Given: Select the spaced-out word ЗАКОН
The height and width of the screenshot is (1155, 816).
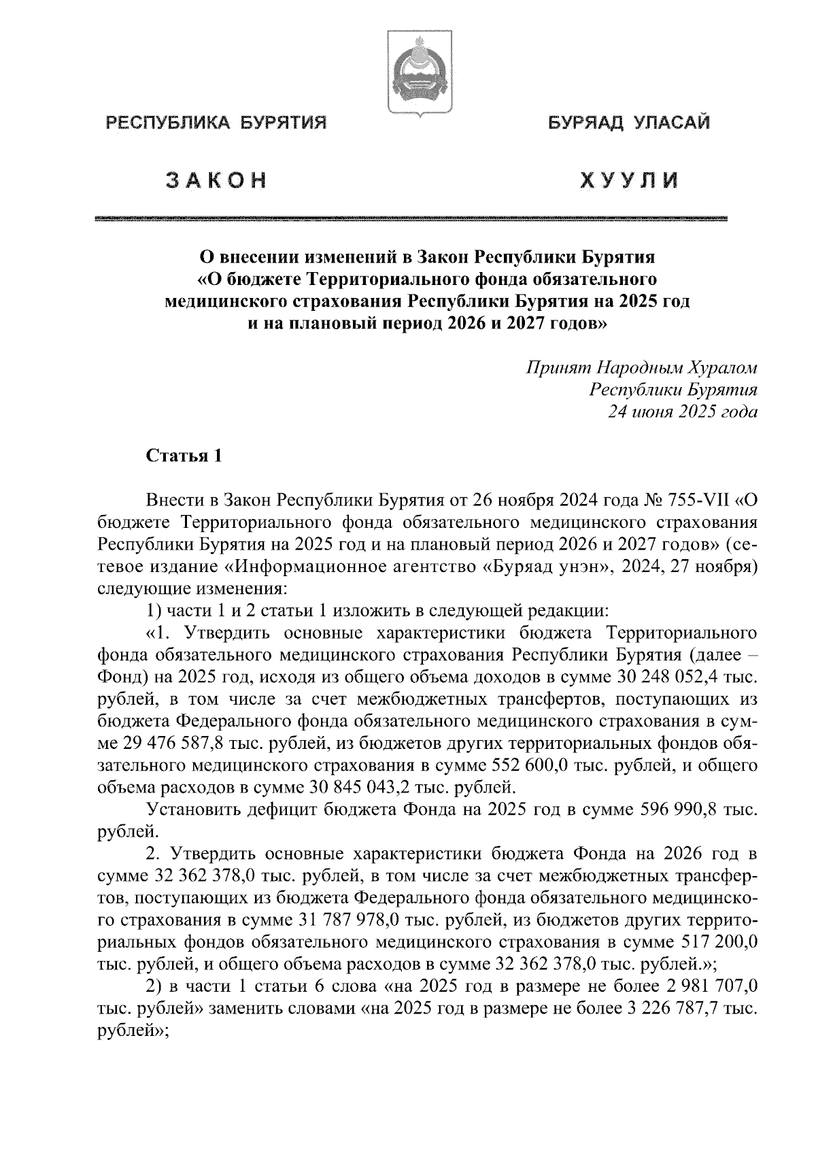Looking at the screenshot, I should [216, 180].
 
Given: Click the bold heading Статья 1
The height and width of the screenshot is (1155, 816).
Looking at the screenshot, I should [184, 456].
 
